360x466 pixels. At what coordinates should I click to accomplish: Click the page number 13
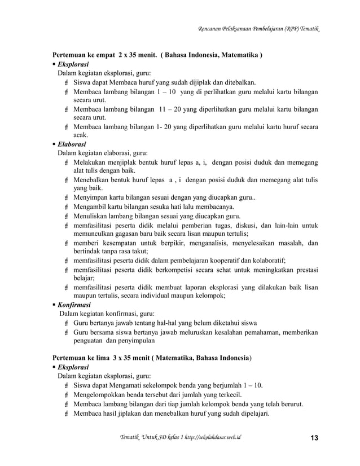314,439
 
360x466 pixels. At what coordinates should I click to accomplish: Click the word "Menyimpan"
93,197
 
